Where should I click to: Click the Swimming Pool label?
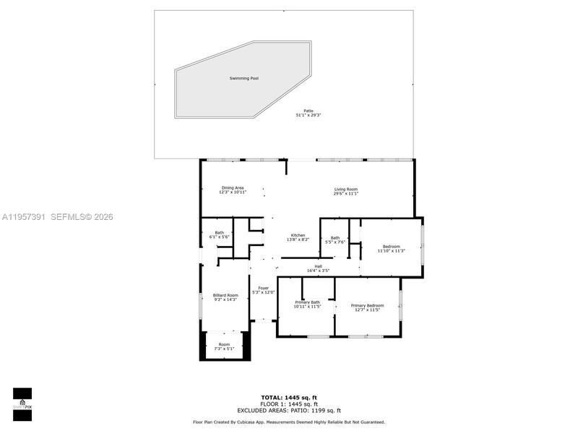244,77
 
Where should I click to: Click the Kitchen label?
298,235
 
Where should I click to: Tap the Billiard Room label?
225,295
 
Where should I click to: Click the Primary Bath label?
307,302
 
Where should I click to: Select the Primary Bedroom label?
367,305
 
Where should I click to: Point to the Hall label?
318,266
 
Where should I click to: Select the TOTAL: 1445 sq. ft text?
289,397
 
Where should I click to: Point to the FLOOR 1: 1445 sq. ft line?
289,404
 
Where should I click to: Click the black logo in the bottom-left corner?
22,399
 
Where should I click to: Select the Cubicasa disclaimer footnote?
289,422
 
